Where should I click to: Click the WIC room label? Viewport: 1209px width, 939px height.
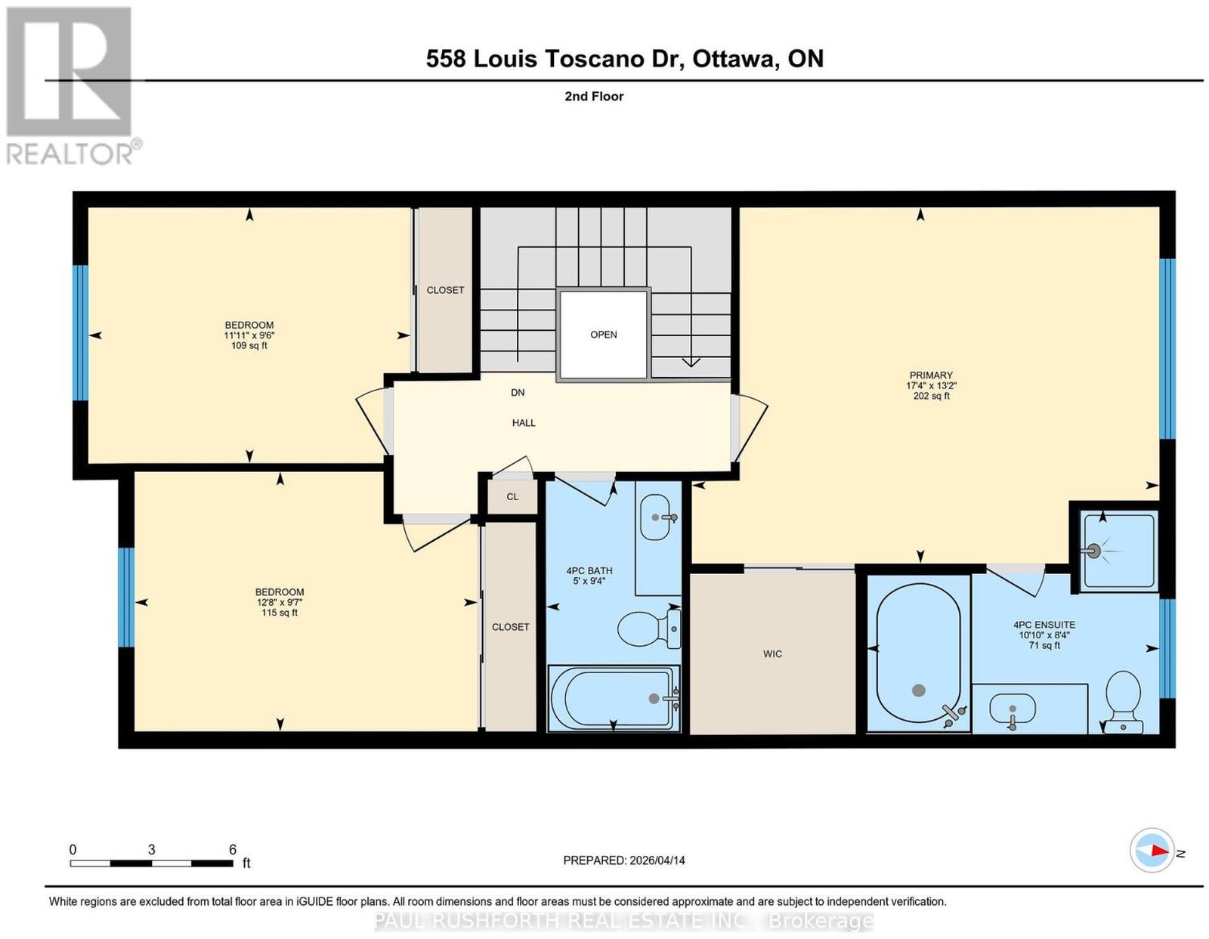pyautogui.click(x=771, y=653)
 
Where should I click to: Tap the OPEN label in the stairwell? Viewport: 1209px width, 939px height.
pyautogui.click(x=603, y=335)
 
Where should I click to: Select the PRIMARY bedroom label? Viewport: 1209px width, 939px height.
pyautogui.click(x=931, y=375)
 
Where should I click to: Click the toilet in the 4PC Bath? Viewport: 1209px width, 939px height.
pyautogui.click(x=649, y=629)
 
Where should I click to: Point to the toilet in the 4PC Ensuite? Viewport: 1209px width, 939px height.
pyautogui.click(x=1123, y=702)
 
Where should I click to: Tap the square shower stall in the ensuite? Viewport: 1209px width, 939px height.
pyautogui.click(x=1118, y=551)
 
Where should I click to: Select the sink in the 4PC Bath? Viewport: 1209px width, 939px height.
pyautogui.click(x=656, y=517)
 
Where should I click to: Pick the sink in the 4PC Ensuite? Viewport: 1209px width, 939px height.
pyautogui.click(x=1013, y=712)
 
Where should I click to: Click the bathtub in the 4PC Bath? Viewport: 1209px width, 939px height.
pyautogui.click(x=614, y=698)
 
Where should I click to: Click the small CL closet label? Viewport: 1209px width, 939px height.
pyautogui.click(x=512, y=496)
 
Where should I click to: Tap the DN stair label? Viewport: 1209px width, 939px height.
pyautogui.click(x=518, y=393)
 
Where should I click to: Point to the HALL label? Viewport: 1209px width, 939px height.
pyautogui.click(x=524, y=423)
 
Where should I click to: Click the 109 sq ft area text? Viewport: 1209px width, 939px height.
pyautogui.click(x=249, y=346)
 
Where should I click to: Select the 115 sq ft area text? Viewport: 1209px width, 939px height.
pyautogui.click(x=280, y=613)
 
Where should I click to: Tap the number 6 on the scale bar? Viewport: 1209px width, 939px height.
pyautogui.click(x=233, y=850)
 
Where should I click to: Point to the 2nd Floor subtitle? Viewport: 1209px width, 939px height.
pyautogui.click(x=594, y=96)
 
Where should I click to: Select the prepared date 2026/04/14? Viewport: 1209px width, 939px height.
pyautogui.click(x=657, y=860)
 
